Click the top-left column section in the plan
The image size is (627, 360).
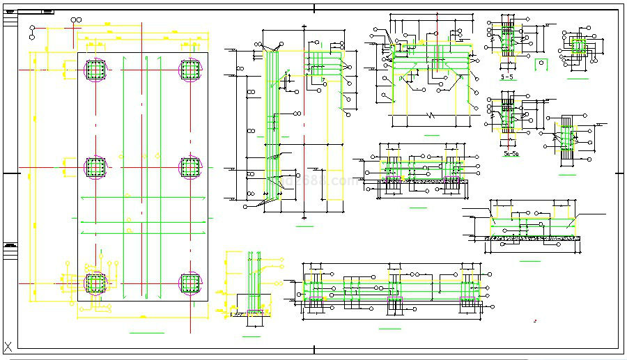coord(95,69)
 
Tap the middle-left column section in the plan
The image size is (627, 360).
coord(95,167)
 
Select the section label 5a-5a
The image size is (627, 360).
coord(511,153)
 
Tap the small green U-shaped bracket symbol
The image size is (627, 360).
coord(540,64)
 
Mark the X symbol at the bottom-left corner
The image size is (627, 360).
coord(9,346)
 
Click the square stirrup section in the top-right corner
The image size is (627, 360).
coord(577,47)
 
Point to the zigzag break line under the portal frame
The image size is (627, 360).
coord(432,114)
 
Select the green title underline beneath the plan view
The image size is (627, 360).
coord(146,333)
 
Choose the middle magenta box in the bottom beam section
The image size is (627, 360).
coord(394,304)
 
